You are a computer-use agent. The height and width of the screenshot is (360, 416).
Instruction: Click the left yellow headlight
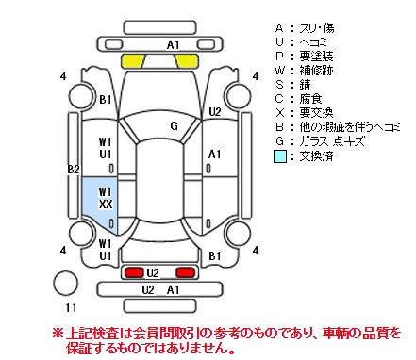click(132, 61)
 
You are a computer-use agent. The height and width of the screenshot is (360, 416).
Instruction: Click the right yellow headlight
click(188, 61)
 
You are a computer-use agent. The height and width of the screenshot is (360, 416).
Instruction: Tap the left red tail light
click(134, 272)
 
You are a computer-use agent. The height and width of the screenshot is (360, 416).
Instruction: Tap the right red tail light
click(186, 272)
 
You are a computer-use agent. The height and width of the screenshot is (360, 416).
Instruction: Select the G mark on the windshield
click(174, 126)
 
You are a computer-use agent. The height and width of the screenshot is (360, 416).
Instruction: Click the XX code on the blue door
click(106, 205)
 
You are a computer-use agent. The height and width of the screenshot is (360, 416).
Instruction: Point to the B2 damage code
click(74, 170)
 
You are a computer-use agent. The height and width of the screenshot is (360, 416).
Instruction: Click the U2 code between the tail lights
click(153, 273)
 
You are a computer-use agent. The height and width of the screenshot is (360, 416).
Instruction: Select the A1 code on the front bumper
click(173, 45)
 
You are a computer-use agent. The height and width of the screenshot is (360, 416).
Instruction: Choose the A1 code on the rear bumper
click(173, 289)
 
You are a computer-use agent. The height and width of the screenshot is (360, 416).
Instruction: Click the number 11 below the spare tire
click(71, 308)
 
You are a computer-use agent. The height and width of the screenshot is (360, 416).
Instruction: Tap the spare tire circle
click(65, 283)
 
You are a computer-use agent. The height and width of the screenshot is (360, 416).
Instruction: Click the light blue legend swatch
click(280, 156)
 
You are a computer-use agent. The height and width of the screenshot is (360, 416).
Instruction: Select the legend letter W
click(279, 71)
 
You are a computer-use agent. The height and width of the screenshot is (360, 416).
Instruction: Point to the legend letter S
click(279, 85)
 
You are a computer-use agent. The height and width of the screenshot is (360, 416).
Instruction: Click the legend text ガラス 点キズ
click(332, 141)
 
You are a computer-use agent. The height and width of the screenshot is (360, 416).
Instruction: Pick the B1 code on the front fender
click(106, 100)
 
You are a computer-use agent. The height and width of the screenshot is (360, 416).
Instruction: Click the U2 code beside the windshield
click(215, 111)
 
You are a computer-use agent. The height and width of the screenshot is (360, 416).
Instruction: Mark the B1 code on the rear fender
click(215, 256)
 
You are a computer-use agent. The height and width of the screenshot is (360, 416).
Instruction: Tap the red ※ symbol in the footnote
click(58, 334)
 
